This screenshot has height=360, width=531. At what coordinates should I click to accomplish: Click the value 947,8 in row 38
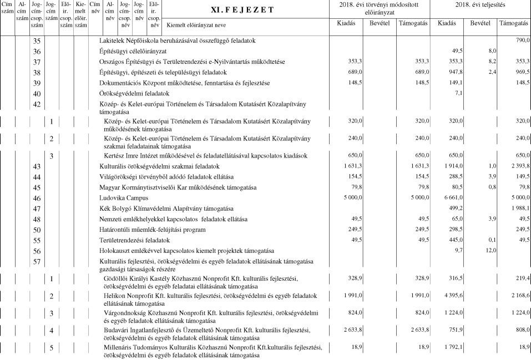[x=455, y=72]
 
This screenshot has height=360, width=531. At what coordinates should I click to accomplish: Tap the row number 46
[x=37, y=198]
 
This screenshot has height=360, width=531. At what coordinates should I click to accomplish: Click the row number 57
[x=37, y=261]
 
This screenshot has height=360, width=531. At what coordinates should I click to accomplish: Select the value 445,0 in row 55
[x=455, y=240]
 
